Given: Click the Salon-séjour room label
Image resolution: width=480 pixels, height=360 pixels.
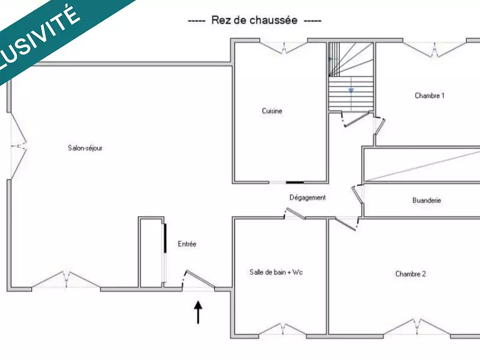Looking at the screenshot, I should coord(85,148).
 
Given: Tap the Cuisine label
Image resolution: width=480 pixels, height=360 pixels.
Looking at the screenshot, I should coord(272,111).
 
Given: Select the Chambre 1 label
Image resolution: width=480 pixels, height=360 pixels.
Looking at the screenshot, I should coord(430,95).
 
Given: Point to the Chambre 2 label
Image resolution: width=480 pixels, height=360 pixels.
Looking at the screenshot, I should coord(410,274).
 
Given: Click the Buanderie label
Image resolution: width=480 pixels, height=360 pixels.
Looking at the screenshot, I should coord(427,200).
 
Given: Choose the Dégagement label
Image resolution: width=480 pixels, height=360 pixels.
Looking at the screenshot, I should coord(307,197).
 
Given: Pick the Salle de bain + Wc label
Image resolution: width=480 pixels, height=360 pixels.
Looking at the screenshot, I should coord(276,272).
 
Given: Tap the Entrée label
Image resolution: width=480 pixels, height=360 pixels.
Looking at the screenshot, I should coord(187,244).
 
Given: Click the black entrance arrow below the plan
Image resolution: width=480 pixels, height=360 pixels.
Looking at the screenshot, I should coord(198,313).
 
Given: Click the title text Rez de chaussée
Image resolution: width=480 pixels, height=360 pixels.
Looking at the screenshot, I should coord(254,20).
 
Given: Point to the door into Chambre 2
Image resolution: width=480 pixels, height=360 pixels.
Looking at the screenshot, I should coord(346,224).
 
